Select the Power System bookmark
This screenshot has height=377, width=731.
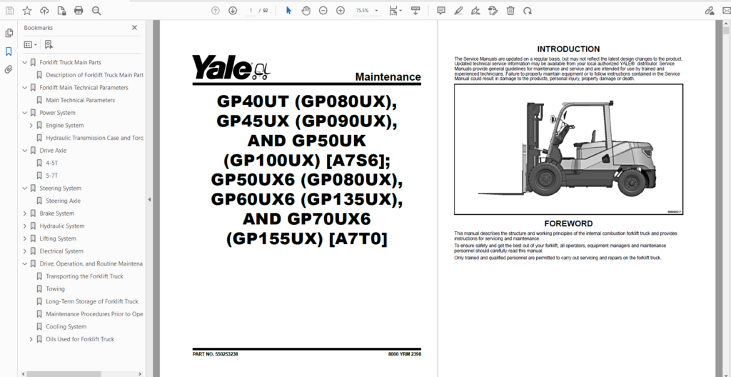[57, 113]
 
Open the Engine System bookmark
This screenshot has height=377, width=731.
[64, 126]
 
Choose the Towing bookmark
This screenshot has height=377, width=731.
[55, 289]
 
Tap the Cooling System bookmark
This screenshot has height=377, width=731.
[66, 327]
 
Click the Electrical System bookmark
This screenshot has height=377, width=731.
[61, 251]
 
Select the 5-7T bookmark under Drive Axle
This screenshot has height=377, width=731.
[52, 176]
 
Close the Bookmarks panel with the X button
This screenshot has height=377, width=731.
[134, 28]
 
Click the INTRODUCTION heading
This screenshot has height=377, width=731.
[568, 49]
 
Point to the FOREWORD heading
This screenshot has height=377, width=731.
[568, 223]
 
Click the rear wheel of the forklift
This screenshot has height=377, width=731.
[632, 181]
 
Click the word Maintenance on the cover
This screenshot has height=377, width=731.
[388, 77]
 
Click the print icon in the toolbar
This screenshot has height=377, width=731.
[79, 11]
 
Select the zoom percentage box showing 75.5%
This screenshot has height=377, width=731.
[363, 11]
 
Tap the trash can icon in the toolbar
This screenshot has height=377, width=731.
[510, 11]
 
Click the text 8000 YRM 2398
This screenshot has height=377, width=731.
[404, 354]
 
